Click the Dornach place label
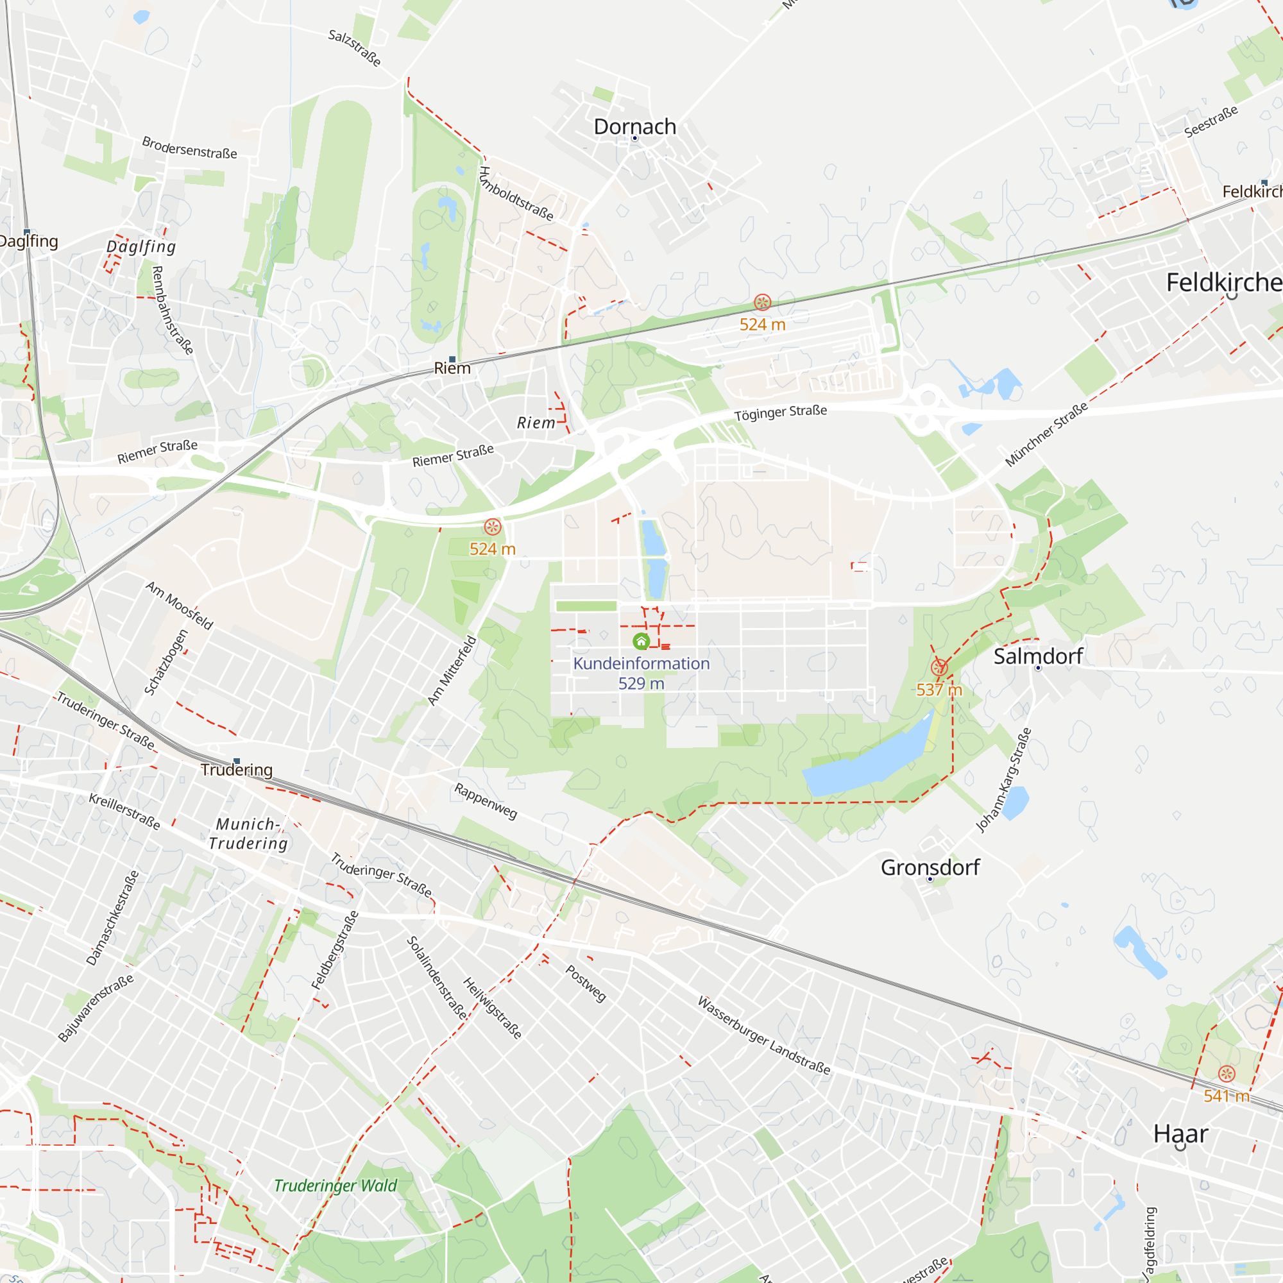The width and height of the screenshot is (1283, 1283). (x=634, y=126)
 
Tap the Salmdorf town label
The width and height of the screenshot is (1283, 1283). (x=1037, y=656)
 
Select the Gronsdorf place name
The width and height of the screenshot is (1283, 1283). (x=930, y=867)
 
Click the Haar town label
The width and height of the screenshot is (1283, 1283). (x=1180, y=1134)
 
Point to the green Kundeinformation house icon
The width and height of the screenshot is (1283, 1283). (x=641, y=641)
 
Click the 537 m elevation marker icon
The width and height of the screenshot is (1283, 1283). (x=939, y=667)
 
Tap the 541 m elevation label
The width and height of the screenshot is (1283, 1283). (x=1226, y=1096)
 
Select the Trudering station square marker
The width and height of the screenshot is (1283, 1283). (x=237, y=761)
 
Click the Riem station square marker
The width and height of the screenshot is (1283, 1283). (x=452, y=359)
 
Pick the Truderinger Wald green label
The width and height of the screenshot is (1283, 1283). (x=336, y=1185)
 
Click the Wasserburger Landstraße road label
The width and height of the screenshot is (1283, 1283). (x=763, y=1035)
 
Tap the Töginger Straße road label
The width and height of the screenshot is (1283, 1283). (x=780, y=412)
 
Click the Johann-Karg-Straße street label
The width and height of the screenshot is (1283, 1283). (x=1003, y=779)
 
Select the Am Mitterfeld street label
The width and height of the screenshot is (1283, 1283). (x=452, y=670)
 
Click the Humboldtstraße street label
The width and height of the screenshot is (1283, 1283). (x=516, y=193)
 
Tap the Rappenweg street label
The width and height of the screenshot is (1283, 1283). (x=486, y=801)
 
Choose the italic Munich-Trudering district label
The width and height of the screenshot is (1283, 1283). (x=248, y=833)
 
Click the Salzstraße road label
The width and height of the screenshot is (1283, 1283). (x=355, y=48)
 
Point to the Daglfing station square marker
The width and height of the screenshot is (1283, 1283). (x=27, y=232)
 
